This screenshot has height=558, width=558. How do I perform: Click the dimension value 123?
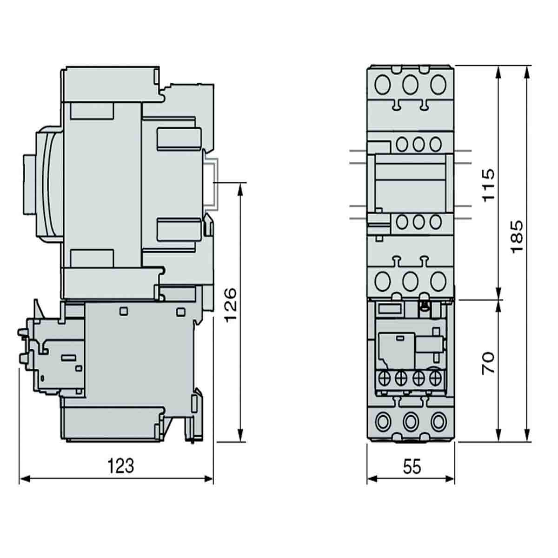coord(121,466)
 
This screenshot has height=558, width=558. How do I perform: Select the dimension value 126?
coord(231,306)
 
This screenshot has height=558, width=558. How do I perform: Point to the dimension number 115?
coord(488,185)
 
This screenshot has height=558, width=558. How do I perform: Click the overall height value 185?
coord(517,237)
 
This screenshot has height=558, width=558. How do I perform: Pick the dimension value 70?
coord(488,363)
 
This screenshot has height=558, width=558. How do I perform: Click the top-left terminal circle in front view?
coord(383,85)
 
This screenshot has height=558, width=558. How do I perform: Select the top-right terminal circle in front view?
coord(438,85)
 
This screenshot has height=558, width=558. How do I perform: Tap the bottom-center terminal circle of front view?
coord(410,421)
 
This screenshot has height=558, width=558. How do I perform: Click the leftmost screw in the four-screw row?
coord(385,378)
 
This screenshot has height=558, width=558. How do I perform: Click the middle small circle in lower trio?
coord(418,222)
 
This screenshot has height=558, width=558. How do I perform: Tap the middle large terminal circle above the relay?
coord(410,281)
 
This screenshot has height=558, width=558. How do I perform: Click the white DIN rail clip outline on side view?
coord(212,183)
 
